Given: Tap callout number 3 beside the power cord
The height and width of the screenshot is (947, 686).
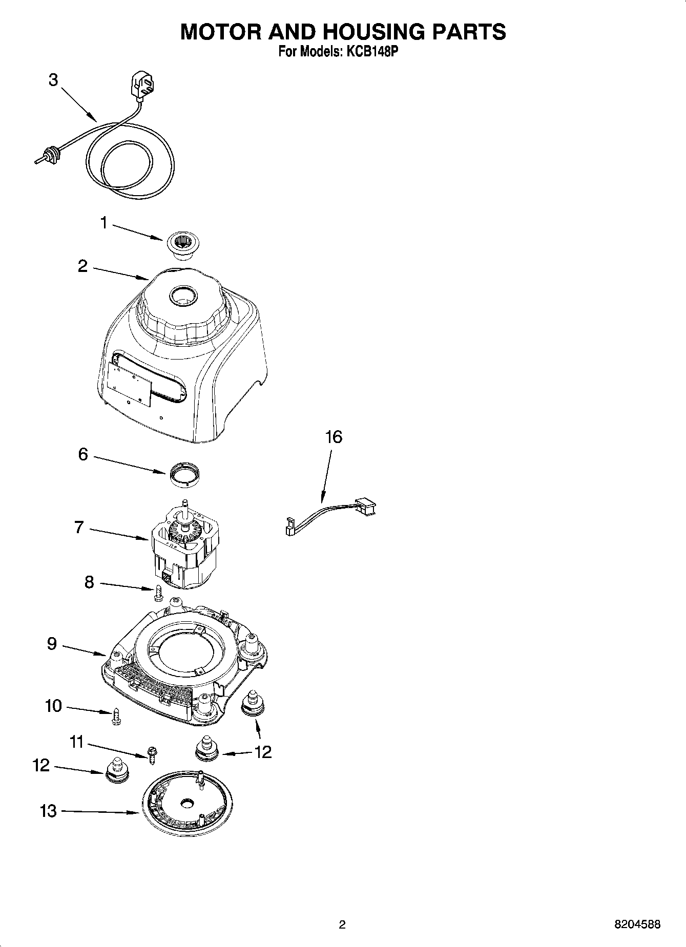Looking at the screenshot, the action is pos(53,80).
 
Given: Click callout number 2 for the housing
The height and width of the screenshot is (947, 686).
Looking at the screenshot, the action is pos(82,266).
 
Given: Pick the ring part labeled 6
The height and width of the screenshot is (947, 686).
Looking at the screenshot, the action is pos(183,473).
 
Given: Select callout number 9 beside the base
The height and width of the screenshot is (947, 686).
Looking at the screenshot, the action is pos(52,644).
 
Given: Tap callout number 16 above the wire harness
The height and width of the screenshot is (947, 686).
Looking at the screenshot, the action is pos(333,437).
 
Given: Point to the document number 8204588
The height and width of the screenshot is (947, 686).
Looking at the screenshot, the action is pos(637,924).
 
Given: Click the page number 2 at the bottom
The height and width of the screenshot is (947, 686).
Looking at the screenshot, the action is pos(342,924).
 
